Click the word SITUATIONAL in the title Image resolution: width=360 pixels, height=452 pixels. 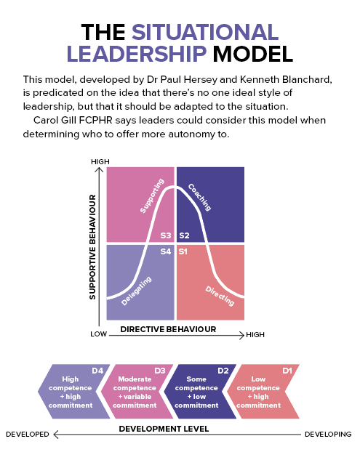tap(205, 32)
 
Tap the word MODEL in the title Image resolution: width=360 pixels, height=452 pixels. tap(252, 54)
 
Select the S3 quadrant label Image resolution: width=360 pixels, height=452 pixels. tap(166, 235)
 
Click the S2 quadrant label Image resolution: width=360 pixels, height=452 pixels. tap(184, 235)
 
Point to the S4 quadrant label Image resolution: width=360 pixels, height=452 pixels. tap(166, 251)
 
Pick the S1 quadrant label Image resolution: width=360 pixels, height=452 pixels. tap(183, 251)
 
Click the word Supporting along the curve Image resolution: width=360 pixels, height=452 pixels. tap(152, 195)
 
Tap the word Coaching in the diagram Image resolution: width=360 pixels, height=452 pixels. tap(199, 197)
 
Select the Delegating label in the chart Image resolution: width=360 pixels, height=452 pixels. tap(137, 291)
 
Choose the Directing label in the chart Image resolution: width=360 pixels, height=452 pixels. tap(220, 296)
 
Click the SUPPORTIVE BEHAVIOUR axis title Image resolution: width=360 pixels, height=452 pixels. tap(92, 247)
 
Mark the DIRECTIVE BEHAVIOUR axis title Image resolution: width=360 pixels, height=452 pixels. tap(168, 329)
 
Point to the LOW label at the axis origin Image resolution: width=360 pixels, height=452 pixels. tap(99, 334)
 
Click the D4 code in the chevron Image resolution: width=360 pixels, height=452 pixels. tap(97, 371)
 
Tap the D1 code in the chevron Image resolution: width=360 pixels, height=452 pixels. tap(287, 371)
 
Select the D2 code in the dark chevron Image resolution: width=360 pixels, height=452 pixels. tap(223, 371)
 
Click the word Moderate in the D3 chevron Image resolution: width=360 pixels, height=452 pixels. tap(135, 379)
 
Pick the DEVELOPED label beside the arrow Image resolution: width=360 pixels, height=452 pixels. tap(28, 434)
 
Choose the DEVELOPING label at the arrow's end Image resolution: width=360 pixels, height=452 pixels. tap(328, 434)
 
